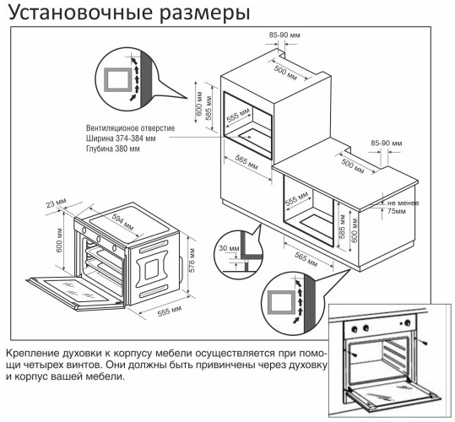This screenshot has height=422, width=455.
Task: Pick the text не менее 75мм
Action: [402, 207]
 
